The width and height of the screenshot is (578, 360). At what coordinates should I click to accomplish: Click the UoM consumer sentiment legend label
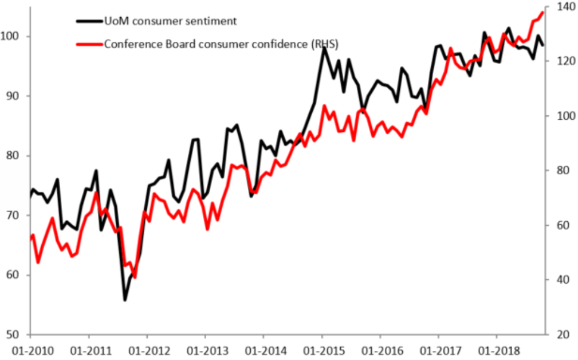coord(170,21)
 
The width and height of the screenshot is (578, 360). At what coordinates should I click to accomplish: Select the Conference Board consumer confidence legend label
coord(221,44)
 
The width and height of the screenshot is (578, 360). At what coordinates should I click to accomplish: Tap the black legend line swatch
coord(89,21)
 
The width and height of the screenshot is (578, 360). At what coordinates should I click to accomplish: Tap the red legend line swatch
coord(89,44)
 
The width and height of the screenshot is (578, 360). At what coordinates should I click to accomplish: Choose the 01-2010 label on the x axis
coord(30,349)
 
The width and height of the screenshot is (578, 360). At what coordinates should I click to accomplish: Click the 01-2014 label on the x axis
coord(263,349)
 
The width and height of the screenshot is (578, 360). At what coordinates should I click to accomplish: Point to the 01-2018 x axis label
coord(496,349)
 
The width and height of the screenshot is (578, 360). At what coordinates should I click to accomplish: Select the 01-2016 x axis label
coord(379,349)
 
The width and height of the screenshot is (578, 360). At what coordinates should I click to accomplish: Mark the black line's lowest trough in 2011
coord(125,299)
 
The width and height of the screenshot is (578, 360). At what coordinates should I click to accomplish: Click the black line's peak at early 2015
coord(324,48)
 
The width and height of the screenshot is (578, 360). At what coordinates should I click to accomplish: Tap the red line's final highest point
coord(542,13)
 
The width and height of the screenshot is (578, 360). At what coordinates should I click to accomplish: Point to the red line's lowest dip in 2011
coord(135,277)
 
